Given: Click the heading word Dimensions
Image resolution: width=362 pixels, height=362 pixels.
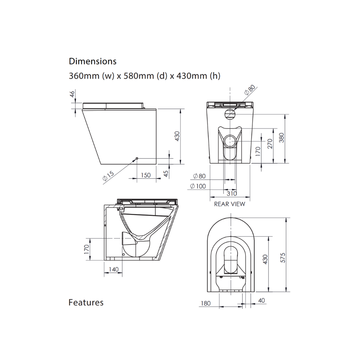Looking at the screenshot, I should [93, 61].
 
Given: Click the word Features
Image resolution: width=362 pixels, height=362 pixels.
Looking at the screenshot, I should [86, 302].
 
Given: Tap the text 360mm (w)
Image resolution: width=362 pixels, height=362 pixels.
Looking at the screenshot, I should [90, 76].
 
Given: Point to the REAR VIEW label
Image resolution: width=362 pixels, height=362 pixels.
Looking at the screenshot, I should [230, 204].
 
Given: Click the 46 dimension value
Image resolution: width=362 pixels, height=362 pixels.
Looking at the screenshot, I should [72, 94].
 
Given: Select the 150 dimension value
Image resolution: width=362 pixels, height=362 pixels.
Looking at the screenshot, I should [146, 175].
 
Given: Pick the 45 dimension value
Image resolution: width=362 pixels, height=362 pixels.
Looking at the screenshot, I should [166, 174].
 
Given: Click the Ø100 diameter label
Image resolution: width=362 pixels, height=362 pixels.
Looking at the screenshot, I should [198, 186].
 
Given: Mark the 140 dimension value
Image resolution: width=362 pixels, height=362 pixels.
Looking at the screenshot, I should [113, 269].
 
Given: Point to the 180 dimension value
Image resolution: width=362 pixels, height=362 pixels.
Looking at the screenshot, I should [205, 303].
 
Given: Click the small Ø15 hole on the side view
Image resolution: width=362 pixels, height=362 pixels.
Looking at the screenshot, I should [137, 159].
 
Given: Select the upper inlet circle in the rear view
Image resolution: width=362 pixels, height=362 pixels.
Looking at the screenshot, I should [230, 114].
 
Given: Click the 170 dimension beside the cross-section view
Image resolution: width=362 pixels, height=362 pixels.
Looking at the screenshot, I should [86, 249].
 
